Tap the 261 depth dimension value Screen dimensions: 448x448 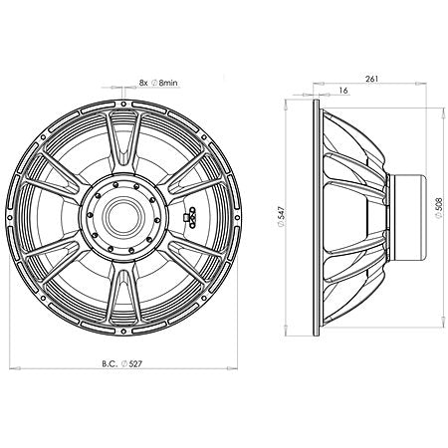pos(371,78)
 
